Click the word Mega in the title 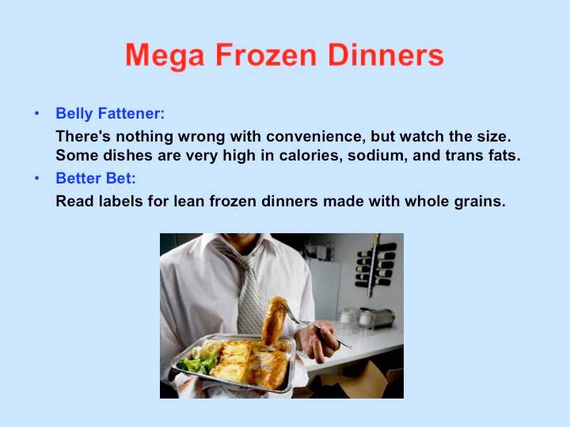[165, 55]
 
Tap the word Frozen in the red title [266, 55]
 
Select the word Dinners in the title [386, 55]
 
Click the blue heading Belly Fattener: [110, 113]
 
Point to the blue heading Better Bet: [96, 178]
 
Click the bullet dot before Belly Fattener [36, 114]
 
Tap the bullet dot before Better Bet [36, 178]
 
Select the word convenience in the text [316, 137]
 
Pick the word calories [311, 156]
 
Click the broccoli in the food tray [198, 362]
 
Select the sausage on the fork [273, 321]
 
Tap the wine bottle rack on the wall [374, 265]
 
